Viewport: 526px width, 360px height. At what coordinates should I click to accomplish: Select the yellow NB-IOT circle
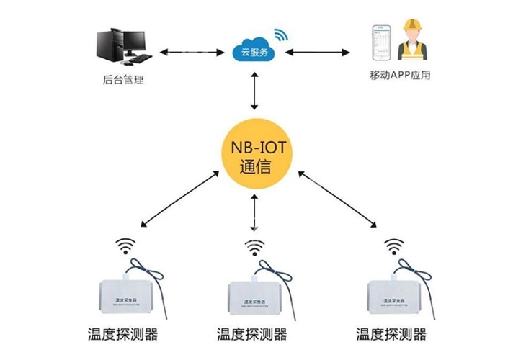(257, 155)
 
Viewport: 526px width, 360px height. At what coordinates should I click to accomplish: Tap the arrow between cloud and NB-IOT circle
(257, 91)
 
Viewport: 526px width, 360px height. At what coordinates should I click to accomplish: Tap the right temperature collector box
(393, 295)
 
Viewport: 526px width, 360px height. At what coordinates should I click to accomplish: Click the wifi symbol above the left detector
(127, 246)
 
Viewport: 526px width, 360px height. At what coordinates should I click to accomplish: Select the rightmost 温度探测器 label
(391, 335)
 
